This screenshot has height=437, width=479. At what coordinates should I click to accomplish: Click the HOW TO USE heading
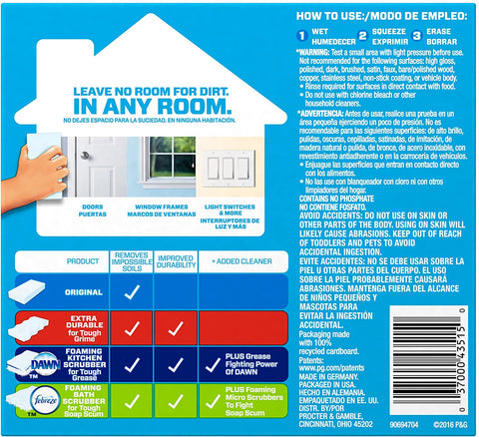[x=363, y=13]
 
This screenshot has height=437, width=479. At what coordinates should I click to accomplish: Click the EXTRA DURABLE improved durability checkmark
[x=175, y=326]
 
